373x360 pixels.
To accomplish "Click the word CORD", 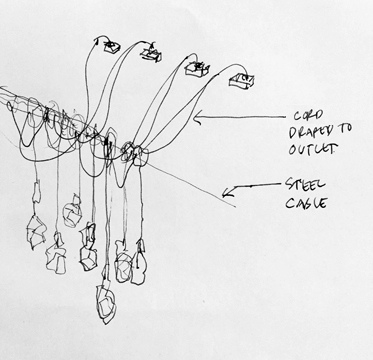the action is coord(309,116).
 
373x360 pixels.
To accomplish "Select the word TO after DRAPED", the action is coord(344,130).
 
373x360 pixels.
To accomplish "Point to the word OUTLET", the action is coord(312,149).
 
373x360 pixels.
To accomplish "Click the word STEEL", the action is coord(304,186).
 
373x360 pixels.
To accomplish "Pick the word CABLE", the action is coord(306,203).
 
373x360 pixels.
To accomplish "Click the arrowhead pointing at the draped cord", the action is coord(197,118).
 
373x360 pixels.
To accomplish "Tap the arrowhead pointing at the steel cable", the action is coord(227,193).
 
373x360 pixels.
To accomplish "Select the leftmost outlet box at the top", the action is coord(112,46).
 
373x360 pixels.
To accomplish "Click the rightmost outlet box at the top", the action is coord(242,81).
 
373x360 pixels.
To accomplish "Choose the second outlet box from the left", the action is coord(152,54).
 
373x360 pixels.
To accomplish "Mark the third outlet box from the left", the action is coord(197,69).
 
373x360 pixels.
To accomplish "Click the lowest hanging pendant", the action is coord(106,302).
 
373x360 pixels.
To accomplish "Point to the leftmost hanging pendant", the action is coord(36,231).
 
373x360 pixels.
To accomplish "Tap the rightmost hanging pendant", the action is coord(139,262).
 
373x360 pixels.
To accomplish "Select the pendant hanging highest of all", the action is coord(72,212).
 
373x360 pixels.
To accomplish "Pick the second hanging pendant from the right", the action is coord(123,262).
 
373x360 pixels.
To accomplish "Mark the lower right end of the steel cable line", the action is coord(236,207).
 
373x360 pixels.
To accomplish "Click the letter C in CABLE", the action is coord(289,203).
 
